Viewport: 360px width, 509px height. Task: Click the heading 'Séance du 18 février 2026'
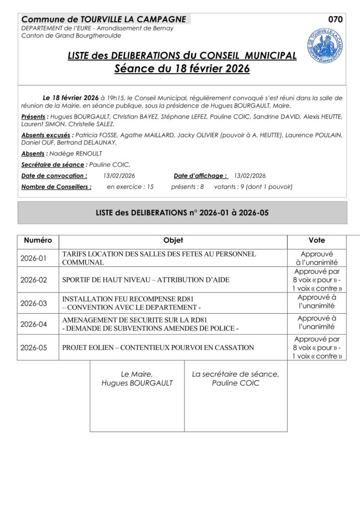(181, 68)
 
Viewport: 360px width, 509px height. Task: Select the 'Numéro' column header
(38, 241)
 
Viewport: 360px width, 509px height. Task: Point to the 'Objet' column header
(173, 241)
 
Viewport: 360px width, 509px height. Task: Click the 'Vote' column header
(317, 241)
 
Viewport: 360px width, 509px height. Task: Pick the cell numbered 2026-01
(33, 258)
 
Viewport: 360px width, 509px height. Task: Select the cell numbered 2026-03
(33, 303)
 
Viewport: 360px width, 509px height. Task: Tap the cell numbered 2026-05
(33, 348)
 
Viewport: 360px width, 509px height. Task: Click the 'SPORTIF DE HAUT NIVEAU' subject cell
(146, 280)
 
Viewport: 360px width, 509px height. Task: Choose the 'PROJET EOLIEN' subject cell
(158, 348)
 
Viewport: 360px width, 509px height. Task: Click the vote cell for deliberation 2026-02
(317, 280)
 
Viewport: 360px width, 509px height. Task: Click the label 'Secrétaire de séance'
(53, 165)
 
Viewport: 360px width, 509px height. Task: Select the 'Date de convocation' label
(54, 176)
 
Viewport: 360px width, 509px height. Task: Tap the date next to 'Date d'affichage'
(250, 176)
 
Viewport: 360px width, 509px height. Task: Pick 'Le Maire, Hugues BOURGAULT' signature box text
(137, 379)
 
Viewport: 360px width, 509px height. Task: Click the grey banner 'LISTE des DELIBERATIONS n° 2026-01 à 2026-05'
(182, 213)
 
